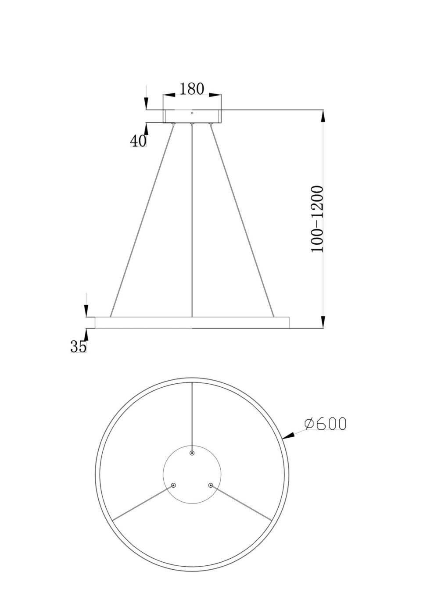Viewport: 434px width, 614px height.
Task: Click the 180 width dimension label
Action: click(192, 89)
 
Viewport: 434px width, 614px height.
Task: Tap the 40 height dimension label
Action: click(138, 141)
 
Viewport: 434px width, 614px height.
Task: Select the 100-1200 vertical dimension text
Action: click(317, 219)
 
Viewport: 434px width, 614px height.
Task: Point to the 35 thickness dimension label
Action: click(79, 346)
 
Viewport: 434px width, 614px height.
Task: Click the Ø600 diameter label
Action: click(325, 424)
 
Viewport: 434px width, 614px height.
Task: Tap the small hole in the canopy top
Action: click(192, 113)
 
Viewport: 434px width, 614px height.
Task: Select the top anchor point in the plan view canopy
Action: click(192, 453)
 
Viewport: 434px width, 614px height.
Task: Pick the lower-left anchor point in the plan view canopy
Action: click(173, 485)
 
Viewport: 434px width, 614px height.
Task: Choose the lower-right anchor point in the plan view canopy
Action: click(211, 485)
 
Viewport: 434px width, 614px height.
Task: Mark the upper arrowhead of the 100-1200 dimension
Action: click(323, 116)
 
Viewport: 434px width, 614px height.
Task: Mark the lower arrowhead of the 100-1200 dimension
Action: click(323, 321)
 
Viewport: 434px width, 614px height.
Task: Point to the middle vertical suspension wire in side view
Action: click(192, 219)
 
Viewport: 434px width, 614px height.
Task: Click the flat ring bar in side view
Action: click(192, 322)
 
